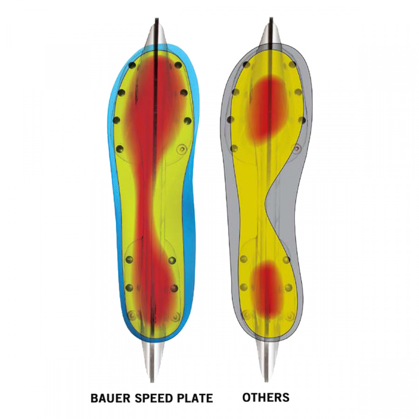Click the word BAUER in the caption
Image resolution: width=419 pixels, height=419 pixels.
(x=110, y=398)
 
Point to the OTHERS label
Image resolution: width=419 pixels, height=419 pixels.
(x=266, y=398)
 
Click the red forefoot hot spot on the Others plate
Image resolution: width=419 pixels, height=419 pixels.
(x=267, y=107)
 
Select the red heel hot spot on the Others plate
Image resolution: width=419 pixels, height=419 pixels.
(x=266, y=287)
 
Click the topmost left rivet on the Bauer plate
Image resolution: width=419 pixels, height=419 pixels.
(x=132, y=66)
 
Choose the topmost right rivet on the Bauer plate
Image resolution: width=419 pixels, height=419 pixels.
(x=177, y=65)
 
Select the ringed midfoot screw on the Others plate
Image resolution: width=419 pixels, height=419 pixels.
(x=297, y=149)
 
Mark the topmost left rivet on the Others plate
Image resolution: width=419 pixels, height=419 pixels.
(x=246, y=64)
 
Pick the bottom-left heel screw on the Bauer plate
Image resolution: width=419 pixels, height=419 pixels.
(x=131, y=315)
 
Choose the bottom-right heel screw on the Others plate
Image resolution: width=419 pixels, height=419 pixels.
(x=290, y=316)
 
